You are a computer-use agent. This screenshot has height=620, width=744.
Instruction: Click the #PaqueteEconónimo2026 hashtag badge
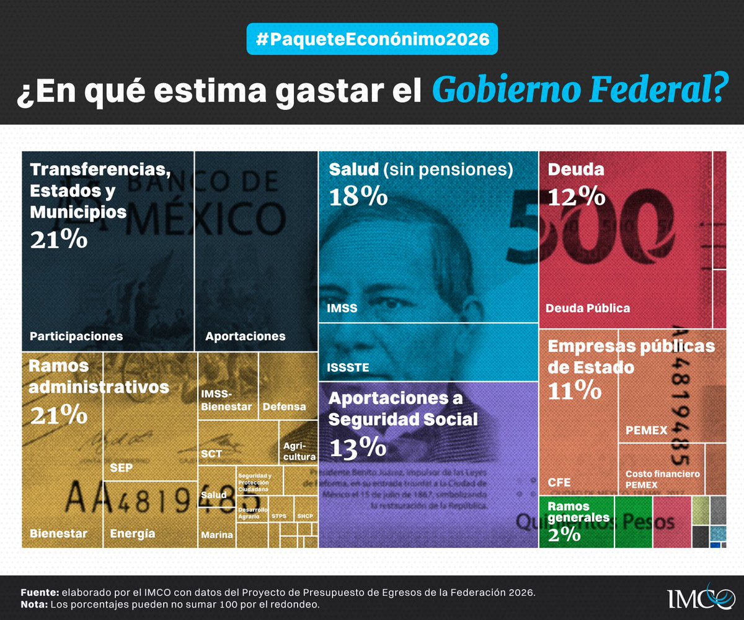[372, 38]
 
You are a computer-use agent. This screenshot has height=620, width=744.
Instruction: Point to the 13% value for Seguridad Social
[359, 447]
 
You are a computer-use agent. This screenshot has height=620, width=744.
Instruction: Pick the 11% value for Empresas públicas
[574, 390]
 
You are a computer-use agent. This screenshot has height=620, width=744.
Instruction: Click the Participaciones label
[76, 336]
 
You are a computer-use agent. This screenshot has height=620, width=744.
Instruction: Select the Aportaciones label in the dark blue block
[246, 336]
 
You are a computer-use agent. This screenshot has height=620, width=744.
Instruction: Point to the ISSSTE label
[348, 368]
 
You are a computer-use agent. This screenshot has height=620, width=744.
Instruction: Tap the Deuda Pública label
[588, 308]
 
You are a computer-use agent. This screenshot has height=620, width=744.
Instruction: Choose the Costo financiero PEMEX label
[662, 478]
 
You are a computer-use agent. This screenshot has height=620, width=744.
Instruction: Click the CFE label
[559, 482]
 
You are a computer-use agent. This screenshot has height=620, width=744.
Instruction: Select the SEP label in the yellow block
[121, 467]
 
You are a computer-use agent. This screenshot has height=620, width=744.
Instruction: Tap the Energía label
[132, 533]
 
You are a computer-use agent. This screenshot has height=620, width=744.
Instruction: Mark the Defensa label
[284, 407]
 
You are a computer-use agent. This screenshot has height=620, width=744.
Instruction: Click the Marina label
[217, 535]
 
